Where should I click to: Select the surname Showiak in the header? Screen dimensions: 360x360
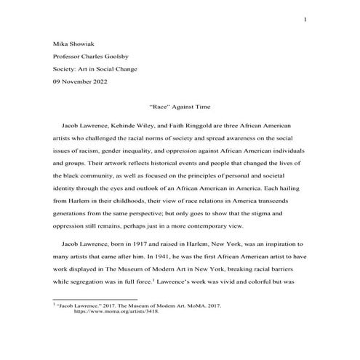point(82,41)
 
